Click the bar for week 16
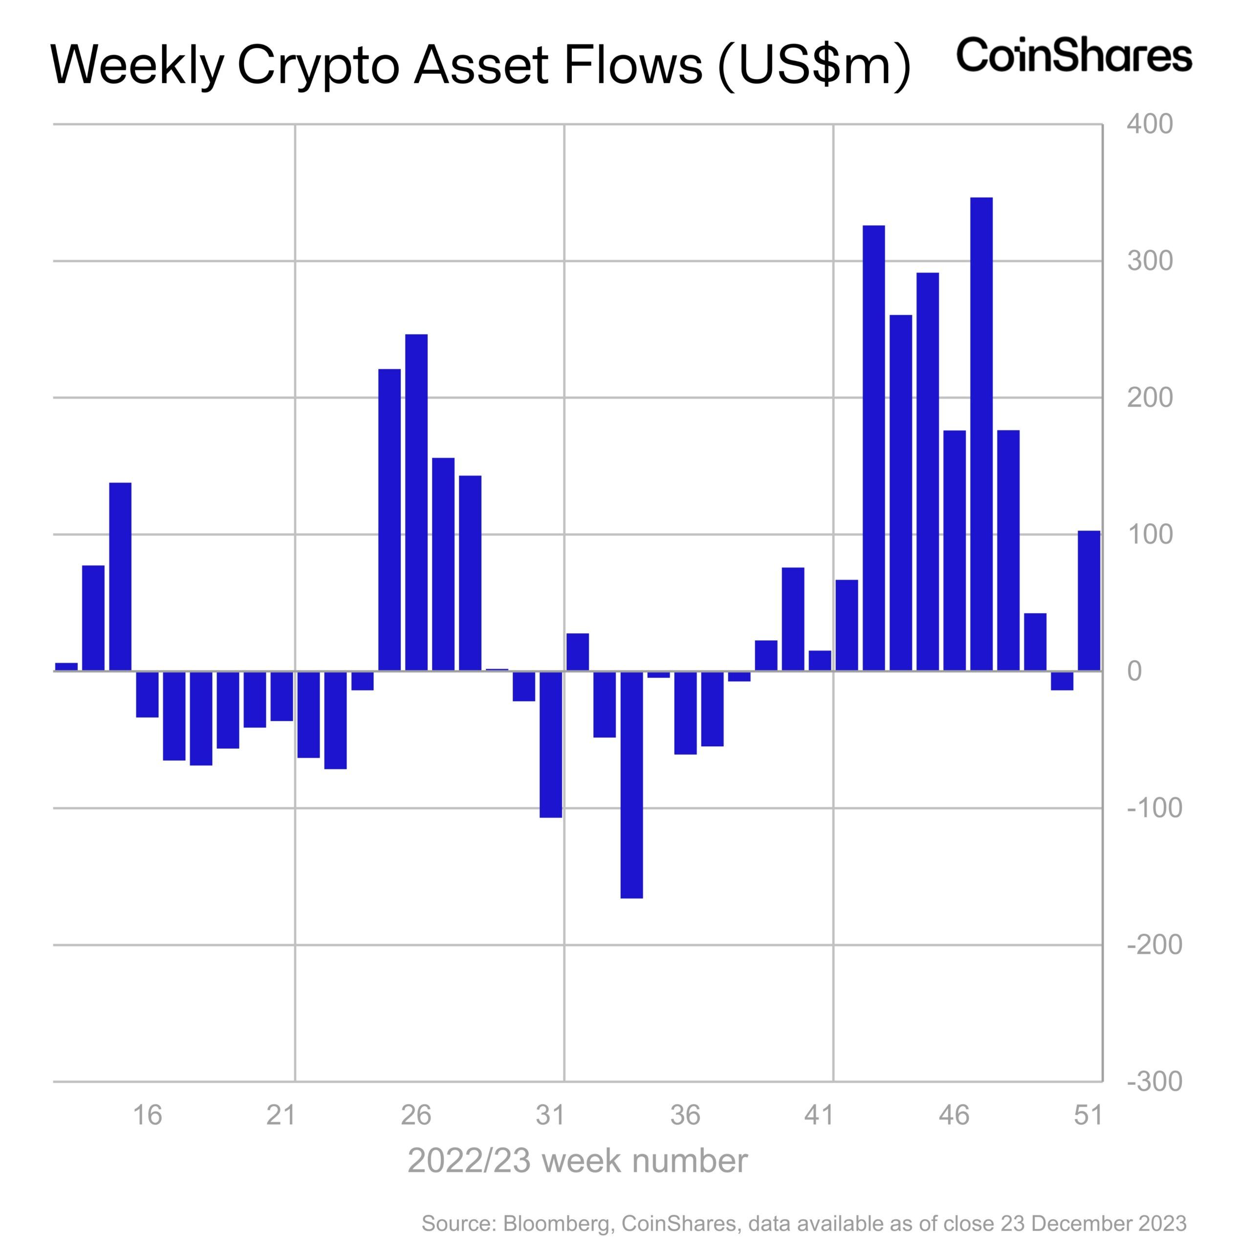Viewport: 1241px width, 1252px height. tap(147, 694)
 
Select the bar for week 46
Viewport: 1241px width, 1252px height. tap(954, 550)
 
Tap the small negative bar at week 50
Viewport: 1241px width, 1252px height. tap(1062, 680)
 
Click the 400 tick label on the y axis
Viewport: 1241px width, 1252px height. tap(1149, 124)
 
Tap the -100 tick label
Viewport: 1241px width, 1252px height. tap(1154, 807)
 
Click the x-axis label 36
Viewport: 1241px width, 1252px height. tap(685, 1115)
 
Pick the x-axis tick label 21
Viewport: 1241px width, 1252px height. tap(281, 1115)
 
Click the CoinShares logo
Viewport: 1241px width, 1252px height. tap(1073, 55)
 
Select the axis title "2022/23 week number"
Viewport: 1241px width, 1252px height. tap(577, 1160)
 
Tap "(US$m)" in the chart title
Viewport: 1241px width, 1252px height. tap(814, 66)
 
